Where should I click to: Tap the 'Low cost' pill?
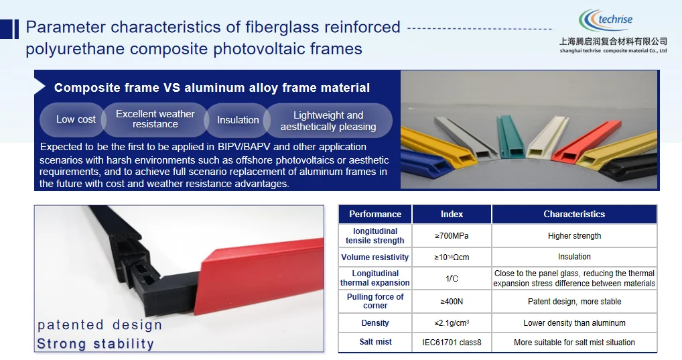[76, 119]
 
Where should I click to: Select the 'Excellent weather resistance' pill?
[155, 119]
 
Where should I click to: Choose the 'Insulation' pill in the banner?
[238, 120]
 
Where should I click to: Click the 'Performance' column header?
[375, 215]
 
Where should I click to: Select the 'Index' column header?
[452, 215]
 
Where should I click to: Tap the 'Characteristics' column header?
[574, 215]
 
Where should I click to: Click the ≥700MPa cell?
[452, 236]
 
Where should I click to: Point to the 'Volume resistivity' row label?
[375, 257]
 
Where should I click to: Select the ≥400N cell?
[452, 302]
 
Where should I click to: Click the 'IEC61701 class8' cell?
[452, 343]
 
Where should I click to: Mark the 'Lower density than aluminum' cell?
[574, 323]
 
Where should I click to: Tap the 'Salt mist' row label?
[375, 342]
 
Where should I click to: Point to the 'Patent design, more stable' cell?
[574, 302]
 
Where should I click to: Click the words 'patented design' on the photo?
[100, 325]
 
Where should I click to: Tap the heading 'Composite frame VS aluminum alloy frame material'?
[212, 88]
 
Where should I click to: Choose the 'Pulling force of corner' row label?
[375, 301]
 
